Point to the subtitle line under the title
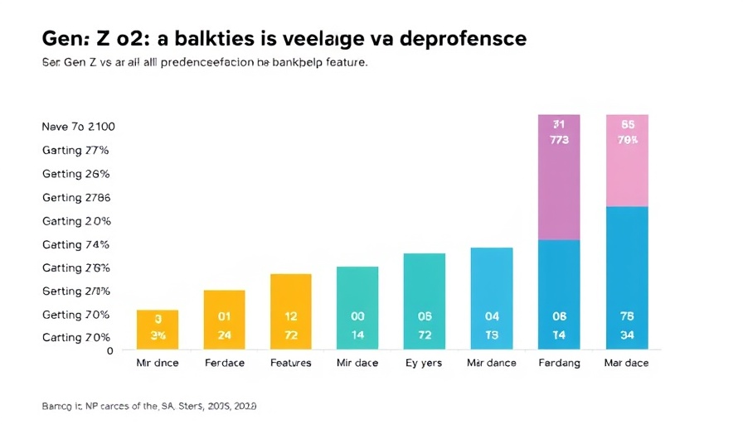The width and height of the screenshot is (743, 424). point(203,62)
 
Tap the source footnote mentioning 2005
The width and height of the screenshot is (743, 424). point(148,406)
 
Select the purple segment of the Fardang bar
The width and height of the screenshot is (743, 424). point(559,177)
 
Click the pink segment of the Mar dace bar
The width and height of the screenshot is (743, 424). point(627,161)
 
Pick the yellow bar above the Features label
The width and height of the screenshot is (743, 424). point(291,311)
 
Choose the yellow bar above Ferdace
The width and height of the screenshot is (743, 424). point(224,319)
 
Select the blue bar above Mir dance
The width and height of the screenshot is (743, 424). point(492,297)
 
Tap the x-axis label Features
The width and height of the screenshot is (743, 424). point(291,363)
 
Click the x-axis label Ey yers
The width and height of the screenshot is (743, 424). point(425,363)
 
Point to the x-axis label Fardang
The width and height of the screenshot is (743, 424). point(559,363)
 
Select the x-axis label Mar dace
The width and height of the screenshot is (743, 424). point(627,363)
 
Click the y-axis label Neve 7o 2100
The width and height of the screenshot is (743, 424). point(78,127)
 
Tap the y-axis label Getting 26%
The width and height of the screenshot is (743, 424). point(75,174)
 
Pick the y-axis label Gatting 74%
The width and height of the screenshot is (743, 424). point(75,244)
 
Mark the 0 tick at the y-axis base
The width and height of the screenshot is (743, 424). point(109,350)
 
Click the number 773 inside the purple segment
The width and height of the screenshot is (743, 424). point(559,140)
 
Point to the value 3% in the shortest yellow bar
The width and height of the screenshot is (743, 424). point(157,335)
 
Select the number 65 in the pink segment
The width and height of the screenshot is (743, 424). point(628,123)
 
